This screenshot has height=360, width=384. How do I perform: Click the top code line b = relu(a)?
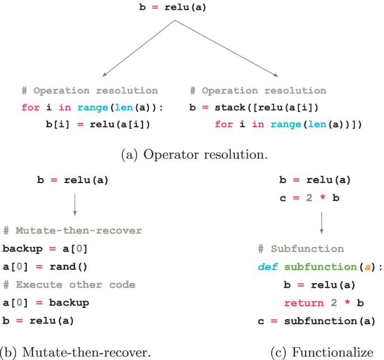pyautogui.click(x=174, y=8)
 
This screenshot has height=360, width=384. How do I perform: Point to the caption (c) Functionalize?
pyautogui.click(x=321, y=353)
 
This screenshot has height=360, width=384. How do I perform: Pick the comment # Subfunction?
pyautogui.click(x=301, y=249)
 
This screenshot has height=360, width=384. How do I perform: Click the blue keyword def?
pyautogui.click(x=268, y=267)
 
